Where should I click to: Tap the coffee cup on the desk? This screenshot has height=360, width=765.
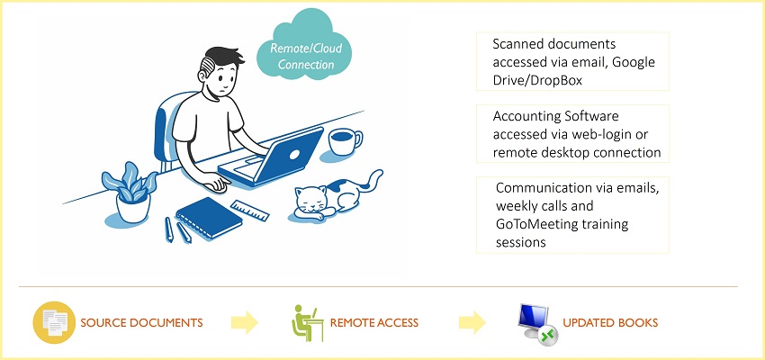(x=345, y=141)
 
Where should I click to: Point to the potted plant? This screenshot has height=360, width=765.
(x=130, y=193)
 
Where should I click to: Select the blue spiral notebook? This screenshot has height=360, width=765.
(x=209, y=218)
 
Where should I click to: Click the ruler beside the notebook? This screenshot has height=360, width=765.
(x=250, y=211)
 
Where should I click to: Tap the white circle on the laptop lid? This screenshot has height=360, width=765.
(x=294, y=155)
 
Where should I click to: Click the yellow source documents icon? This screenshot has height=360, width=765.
(x=54, y=322)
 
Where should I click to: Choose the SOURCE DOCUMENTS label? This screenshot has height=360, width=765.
(x=141, y=323)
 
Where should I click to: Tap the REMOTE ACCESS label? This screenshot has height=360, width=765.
(x=374, y=323)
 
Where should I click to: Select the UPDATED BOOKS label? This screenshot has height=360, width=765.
(x=610, y=323)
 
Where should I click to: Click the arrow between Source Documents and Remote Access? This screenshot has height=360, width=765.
(x=245, y=322)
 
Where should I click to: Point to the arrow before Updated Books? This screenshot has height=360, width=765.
(x=472, y=322)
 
